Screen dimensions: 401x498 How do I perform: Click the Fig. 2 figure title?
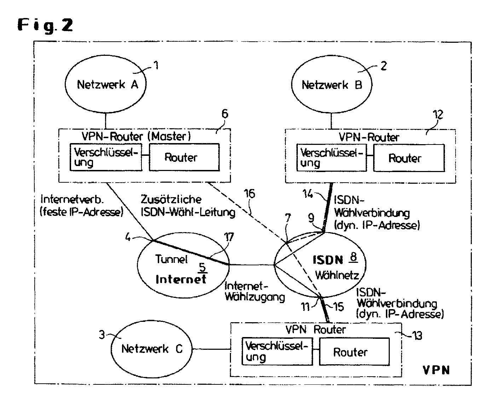pos(45,25)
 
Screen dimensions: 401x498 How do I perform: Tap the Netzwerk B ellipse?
pos(331,85)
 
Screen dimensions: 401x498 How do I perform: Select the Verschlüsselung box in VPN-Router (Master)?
pos(106,157)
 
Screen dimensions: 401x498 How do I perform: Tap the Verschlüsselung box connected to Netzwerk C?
pos(277,351)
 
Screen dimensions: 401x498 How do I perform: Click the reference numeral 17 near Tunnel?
pos(229,236)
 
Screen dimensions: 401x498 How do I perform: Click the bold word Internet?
pos(181,279)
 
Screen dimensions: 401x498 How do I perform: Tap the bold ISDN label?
pos(328,260)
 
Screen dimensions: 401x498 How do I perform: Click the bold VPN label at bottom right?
pos(436,370)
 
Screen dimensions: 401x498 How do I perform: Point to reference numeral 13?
pos(417,335)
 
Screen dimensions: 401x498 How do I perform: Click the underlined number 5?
pos(202,267)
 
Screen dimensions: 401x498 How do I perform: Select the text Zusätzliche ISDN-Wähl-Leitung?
pos(187,205)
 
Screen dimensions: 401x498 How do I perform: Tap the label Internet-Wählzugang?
pos(254,291)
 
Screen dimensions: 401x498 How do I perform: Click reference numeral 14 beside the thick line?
pos(308,193)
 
